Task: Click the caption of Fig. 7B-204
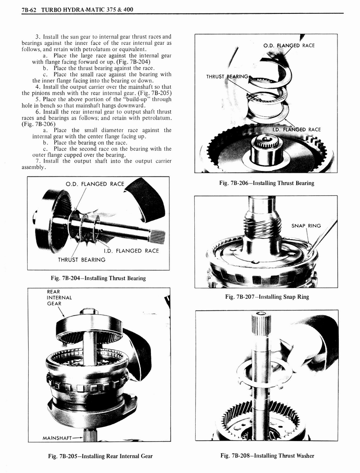click(x=98, y=278)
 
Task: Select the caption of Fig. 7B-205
click(x=101, y=456)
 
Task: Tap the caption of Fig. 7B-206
click(x=267, y=183)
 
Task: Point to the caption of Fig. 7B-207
click(x=267, y=297)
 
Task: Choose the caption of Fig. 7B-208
click(x=267, y=455)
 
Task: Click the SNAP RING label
click(x=306, y=226)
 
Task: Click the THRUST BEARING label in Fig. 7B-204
click(x=81, y=260)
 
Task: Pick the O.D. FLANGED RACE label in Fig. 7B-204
click(x=95, y=184)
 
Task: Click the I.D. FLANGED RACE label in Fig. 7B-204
click(x=131, y=251)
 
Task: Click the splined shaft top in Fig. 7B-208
click(x=261, y=323)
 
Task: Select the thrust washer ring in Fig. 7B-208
click(x=264, y=372)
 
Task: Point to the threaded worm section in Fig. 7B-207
click(x=263, y=227)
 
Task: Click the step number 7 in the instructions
click(x=36, y=161)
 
